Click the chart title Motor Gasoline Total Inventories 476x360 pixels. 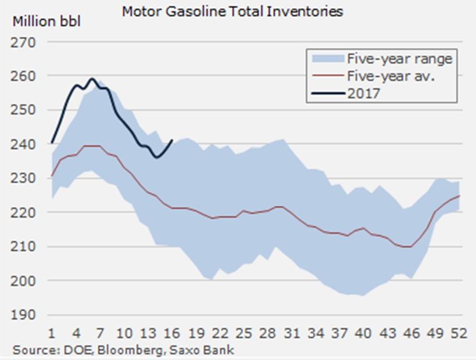click(x=232, y=11)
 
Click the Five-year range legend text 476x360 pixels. click(x=399, y=58)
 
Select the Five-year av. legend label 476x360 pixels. click(x=391, y=75)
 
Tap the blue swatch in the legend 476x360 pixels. click(x=326, y=58)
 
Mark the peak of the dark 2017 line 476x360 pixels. click(x=92, y=78)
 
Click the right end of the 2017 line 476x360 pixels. click(x=172, y=140)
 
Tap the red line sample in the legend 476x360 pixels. click(x=326, y=75)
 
